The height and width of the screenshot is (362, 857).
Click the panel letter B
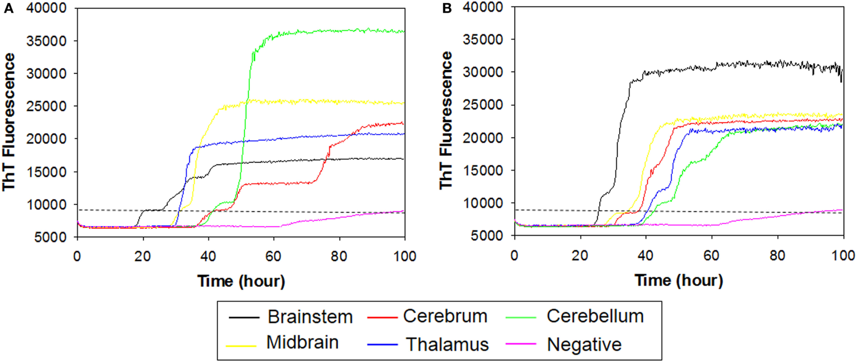coord(447,9)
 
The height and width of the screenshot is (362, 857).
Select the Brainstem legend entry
coord(310,317)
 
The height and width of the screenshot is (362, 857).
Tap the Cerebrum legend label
coord(445,316)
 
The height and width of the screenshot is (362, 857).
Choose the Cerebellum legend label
coord(595,316)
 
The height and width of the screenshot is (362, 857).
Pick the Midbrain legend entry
coord(302,342)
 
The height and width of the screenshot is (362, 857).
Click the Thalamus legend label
coord(447,344)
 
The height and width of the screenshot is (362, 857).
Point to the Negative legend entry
coord(584,344)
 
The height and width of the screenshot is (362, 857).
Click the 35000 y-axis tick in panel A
coord(47,41)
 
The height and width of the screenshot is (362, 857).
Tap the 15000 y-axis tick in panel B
coord(483,171)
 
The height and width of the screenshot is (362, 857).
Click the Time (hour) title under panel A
coord(241,281)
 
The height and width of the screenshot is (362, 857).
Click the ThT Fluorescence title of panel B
coord(446,121)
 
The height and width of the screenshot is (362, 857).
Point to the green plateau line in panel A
coord(339,30)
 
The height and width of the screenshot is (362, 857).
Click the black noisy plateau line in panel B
coord(750,65)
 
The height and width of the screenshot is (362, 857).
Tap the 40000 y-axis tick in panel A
coord(47,8)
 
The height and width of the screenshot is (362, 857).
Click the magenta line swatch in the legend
coord(521,344)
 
